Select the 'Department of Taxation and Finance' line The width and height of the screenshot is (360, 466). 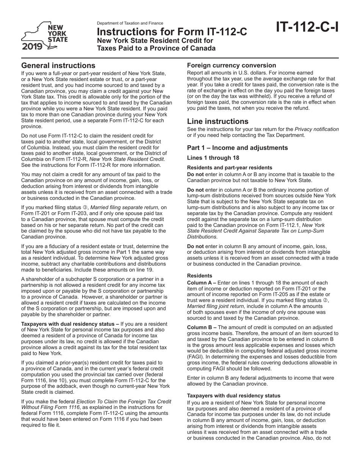pos(130,23)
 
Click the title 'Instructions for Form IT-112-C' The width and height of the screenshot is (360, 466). pos(172,32)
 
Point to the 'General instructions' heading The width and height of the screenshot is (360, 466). pos(58,66)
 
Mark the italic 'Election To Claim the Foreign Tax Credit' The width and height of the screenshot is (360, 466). pos(124,401)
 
